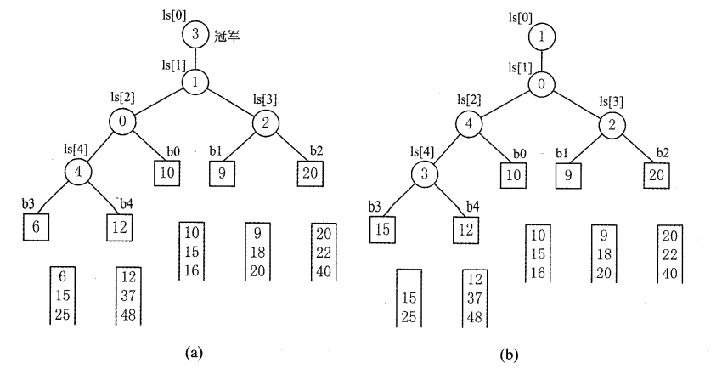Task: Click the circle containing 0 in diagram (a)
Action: [123, 122]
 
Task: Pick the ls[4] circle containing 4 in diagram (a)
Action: [79, 172]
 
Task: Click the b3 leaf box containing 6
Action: [35, 228]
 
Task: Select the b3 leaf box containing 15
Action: [383, 228]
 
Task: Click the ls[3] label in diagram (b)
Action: [611, 102]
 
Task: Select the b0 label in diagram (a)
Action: [172, 152]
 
